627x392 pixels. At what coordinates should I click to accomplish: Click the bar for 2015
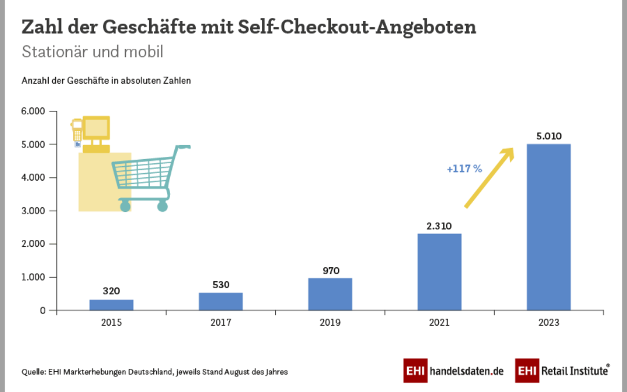[x=111, y=305]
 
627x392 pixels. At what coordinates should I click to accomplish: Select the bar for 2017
[x=221, y=301]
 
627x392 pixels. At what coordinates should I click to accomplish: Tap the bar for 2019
[x=330, y=294]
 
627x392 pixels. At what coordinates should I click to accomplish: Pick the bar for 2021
[x=439, y=272]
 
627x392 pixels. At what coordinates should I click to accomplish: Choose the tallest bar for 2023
[x=549, y=227]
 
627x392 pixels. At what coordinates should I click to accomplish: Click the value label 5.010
[x=549, y=137]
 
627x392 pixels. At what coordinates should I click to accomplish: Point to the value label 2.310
[x=439, y=226]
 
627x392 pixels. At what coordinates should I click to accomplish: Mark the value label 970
[x=330, y=271]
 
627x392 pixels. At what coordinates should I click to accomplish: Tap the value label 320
[x=111, y=292]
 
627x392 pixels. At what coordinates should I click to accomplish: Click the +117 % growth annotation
[x=464, y=169]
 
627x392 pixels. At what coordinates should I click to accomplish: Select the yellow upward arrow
[x=489, y=178]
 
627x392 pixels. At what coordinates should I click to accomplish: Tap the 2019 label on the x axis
[x=330, y=322]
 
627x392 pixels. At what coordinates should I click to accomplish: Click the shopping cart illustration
[x=148, y=178]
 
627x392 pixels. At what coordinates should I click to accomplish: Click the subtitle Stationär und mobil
[x=92, y=52]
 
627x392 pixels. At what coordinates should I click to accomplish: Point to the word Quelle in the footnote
[x=33, y=372]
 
